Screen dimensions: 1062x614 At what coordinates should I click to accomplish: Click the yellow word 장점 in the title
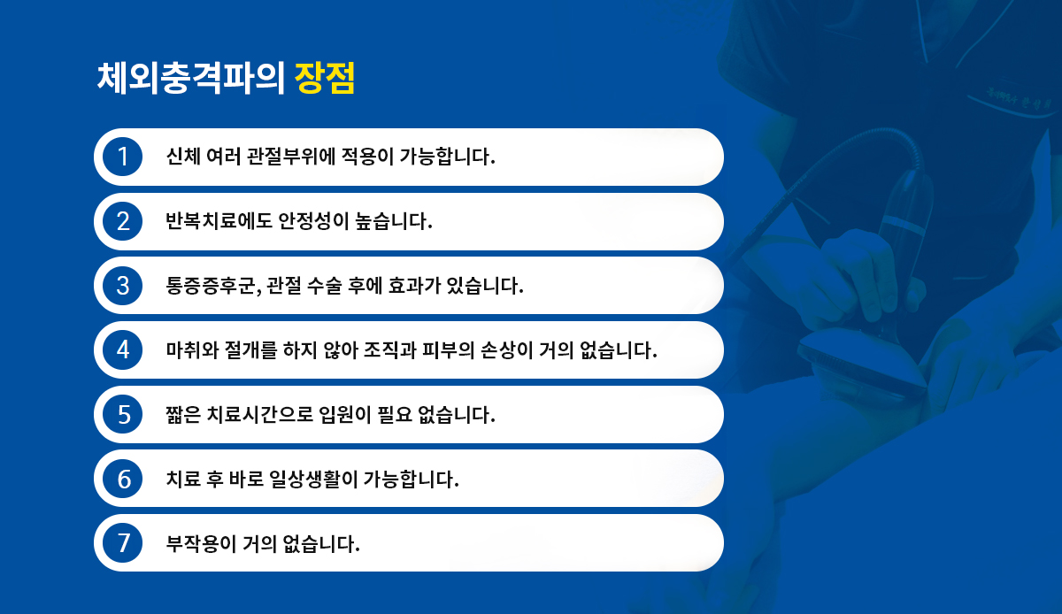(x=325, y=78)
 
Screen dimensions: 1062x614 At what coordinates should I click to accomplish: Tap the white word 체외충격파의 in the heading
(x=190, y=78)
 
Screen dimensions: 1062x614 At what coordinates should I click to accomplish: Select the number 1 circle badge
(x=123, y=157)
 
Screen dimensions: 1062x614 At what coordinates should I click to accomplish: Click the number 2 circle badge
(x=123, y=221)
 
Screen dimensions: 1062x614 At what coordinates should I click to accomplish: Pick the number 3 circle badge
(x=123, y=286)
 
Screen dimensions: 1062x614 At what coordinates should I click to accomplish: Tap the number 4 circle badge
(x=123, y=349)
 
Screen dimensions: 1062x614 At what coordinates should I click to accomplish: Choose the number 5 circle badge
(x=123, y=414)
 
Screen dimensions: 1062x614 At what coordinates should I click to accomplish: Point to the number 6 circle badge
(x=123, y=479)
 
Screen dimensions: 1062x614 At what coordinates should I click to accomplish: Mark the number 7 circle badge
(x=123, y=543)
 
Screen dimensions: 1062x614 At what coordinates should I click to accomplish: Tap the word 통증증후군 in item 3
(x=211, y=286)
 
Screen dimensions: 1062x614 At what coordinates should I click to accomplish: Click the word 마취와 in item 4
(x=192, y=349)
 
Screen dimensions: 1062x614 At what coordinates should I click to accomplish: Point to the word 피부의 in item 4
(x=448, y=349)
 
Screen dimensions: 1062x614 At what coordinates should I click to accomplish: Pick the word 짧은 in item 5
(x=183, y=414)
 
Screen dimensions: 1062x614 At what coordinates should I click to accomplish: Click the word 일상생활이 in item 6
(x=313, y=479)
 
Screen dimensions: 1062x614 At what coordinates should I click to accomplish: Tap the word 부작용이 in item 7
(x=201, y=543)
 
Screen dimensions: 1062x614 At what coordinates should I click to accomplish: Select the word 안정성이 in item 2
(x=313, y=221)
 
